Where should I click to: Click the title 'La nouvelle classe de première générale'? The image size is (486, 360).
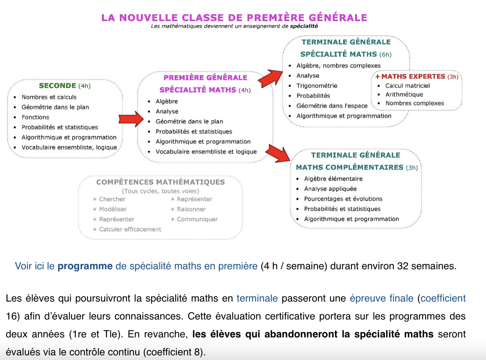click(234, 18)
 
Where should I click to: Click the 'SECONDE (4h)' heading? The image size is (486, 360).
click(65, 86)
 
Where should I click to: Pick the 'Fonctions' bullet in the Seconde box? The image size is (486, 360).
click(35, 117)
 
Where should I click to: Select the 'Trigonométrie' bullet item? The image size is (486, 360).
click(317, 86)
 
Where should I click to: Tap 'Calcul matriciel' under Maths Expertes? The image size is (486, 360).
click(408, 86)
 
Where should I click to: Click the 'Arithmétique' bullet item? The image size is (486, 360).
click(404, 94)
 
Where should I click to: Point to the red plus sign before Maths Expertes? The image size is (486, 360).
click(377, 76)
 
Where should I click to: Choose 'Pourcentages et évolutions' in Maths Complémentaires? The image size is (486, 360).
click(343, 199)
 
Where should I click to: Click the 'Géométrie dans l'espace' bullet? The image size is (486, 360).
click(332, 106)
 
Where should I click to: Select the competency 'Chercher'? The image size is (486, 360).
click(112, 199)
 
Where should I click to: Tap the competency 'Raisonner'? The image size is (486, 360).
click(191, 209)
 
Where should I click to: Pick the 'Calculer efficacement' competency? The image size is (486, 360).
click(130, 229)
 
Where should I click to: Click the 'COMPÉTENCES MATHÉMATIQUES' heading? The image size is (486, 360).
click(161, 182)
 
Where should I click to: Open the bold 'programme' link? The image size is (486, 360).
click(85, 266)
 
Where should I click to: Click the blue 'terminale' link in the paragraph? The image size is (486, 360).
click(257, 298)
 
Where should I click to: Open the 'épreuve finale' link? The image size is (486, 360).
click(381, 298)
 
